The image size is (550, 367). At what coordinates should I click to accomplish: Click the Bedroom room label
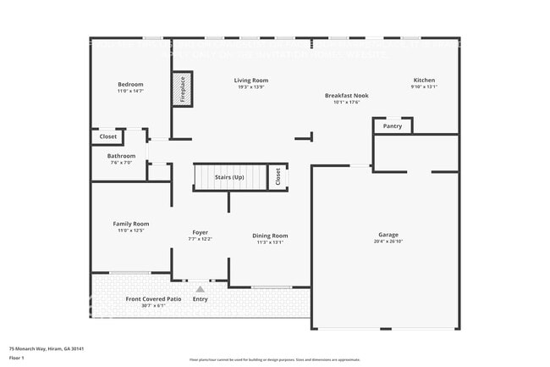tap(130, 84)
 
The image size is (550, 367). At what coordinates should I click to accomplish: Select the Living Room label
tap(251, 81)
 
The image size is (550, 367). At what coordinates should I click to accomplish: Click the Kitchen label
tap(424, 81)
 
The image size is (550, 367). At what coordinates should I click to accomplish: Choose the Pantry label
tap(393, 126)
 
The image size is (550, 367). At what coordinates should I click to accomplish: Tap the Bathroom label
tap(121, 156)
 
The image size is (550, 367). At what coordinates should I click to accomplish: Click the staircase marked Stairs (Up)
tap(228, 177)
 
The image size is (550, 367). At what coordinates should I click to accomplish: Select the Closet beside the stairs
tap(277, 176)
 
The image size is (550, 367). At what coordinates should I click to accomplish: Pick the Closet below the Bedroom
tap(108, 136)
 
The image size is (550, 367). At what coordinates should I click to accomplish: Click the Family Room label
tap(130, 224)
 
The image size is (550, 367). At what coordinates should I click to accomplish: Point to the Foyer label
tap(200, 232)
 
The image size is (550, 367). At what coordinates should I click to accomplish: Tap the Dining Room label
tap(271, 236)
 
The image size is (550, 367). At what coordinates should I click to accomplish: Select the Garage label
tap(388, 235)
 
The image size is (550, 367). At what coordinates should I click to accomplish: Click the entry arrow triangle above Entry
tap(201, 289)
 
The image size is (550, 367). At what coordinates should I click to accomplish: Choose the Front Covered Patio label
tap(153, 299)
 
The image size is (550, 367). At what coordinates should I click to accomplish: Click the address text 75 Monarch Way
tap(47, 348)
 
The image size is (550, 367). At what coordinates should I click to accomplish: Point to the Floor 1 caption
tap(17, 358)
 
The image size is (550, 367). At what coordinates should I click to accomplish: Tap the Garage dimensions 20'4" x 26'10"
tap(388, 242)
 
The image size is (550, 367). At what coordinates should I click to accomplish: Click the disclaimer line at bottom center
tap(275, 360)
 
